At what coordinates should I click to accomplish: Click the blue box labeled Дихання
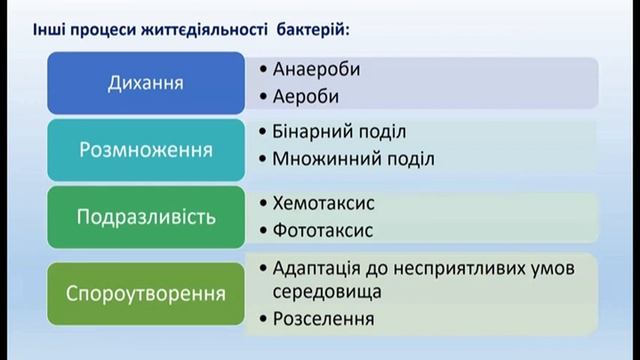[145, 82]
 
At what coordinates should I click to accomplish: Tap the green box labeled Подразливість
[145, 215]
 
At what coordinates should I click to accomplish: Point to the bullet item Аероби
[306, 96]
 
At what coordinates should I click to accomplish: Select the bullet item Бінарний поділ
[338, 132]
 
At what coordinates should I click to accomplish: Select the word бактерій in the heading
[312, 26]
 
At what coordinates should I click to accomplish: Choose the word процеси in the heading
[105, 26]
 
